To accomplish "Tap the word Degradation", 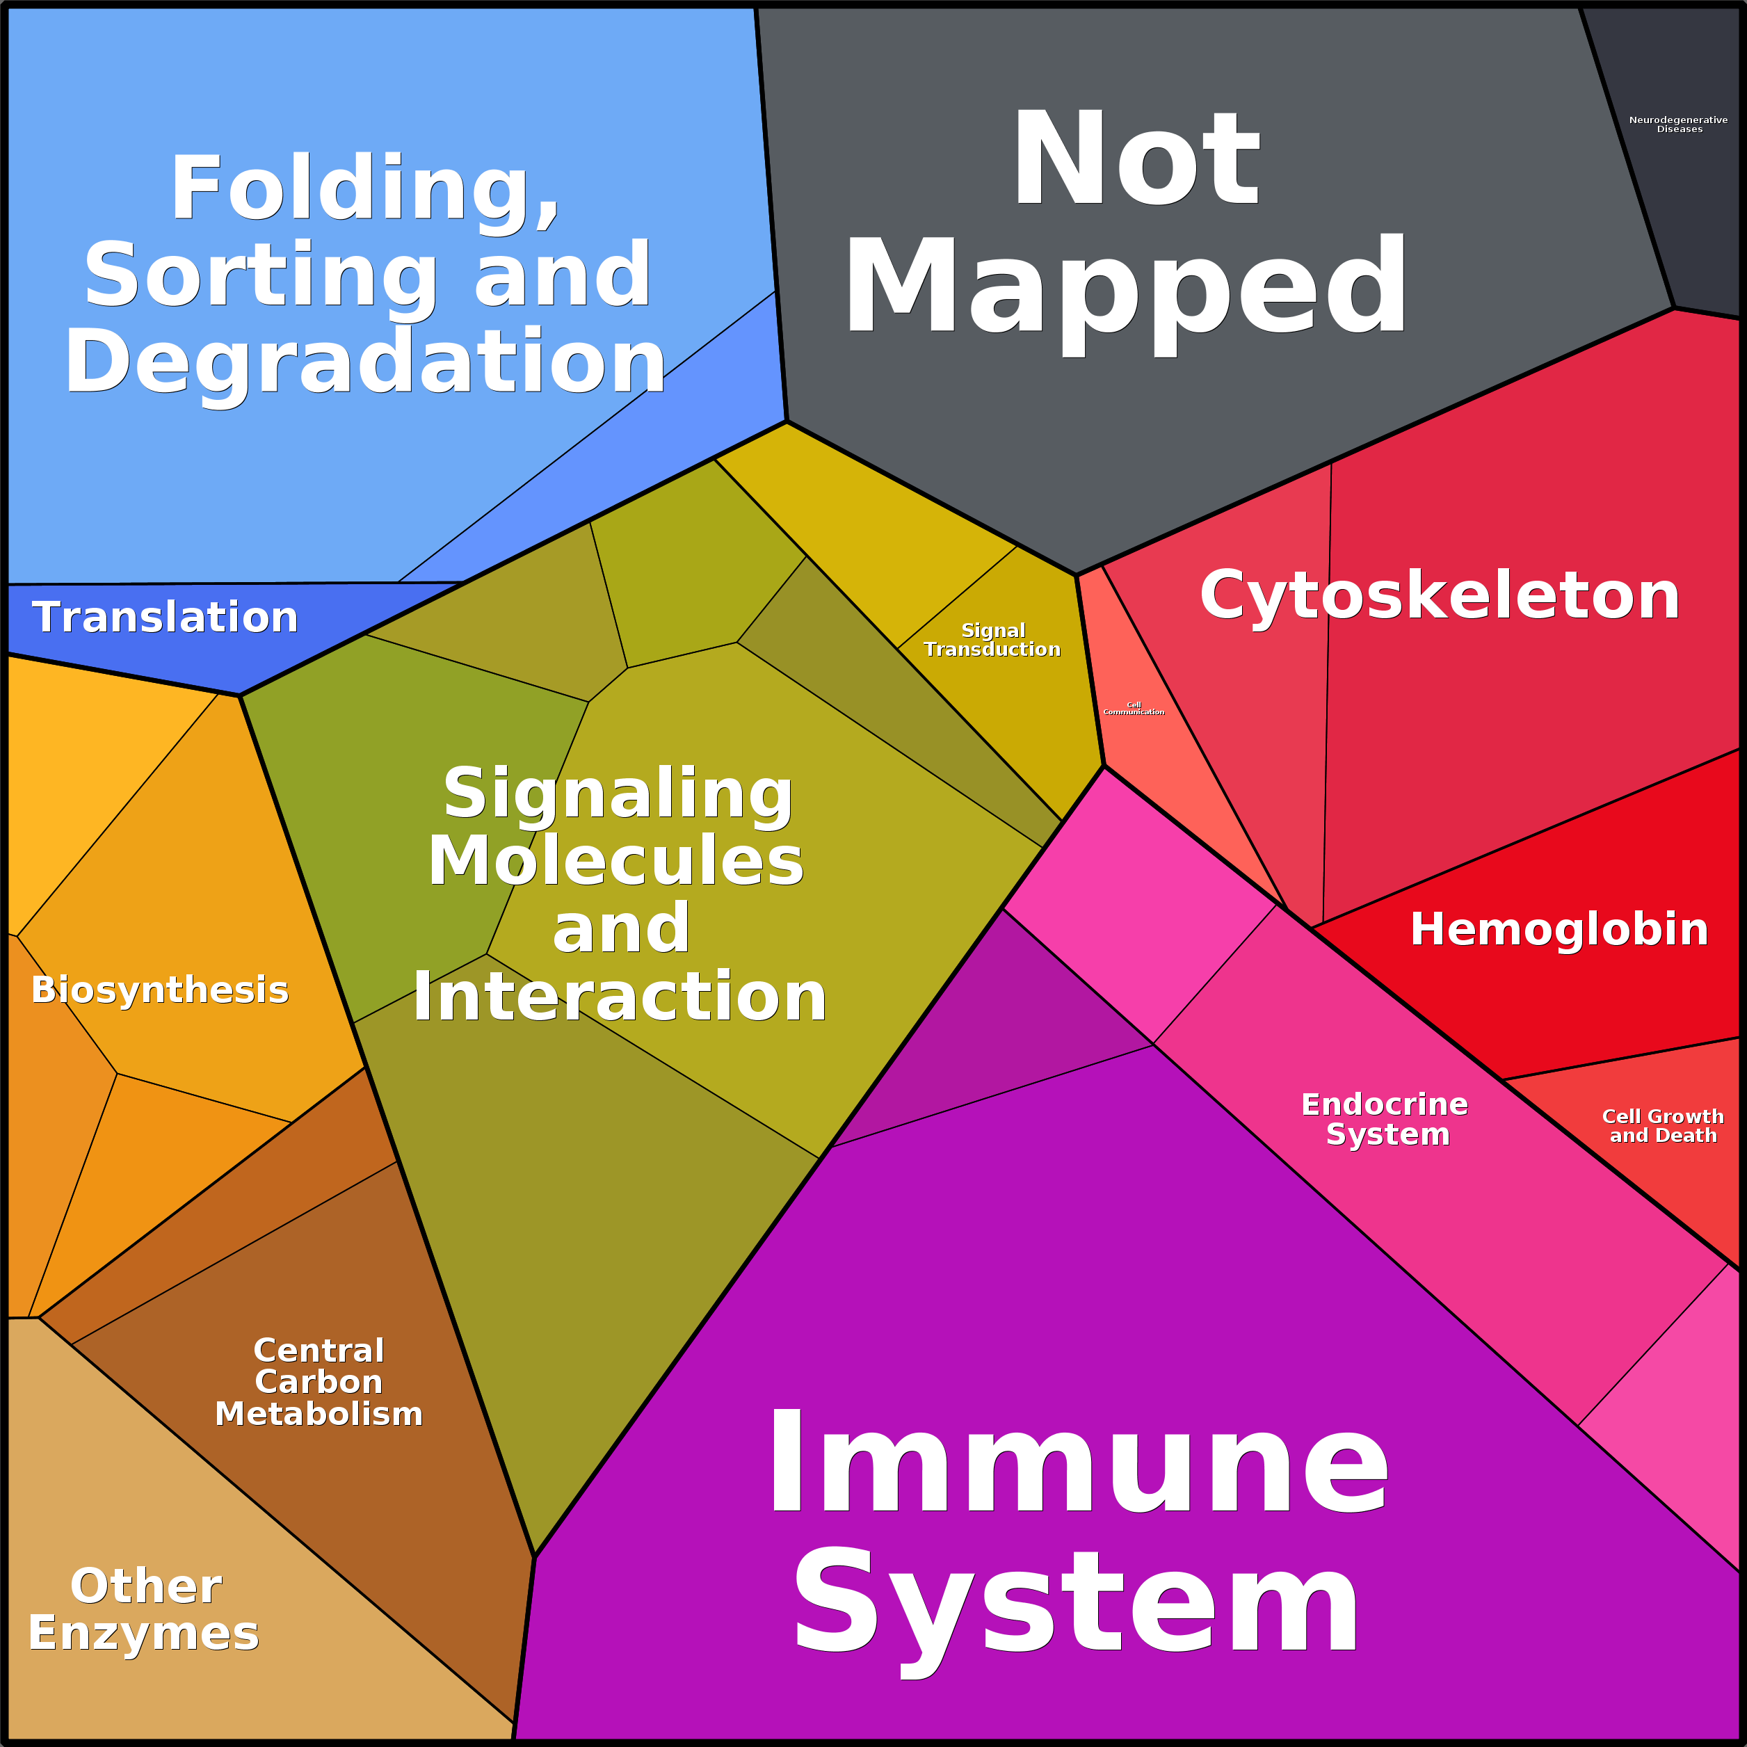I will pyautogui.click(x=364, y=362).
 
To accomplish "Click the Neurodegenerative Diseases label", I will pyautogui.click(x=1678, y=124).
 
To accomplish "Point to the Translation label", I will pyautogui.click(x=166, y=617).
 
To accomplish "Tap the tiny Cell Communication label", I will pyautogui.click(x=1133, y=709).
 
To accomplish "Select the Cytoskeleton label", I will pyautogui.click(x=1440, y=596).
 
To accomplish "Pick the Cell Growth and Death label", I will pyautogui.click(x=1663, y=1126).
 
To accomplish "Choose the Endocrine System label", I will pyautogui.click(x=1385, y=1118).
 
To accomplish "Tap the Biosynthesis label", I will pyautogui.click(x=160, y=990).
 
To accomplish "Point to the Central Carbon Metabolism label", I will pyautogui.click(x=319, y=1382).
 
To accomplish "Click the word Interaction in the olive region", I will pyautogui.click(x=620, y=997).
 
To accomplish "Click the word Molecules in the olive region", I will pyautogui.click(x=615, y=861).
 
